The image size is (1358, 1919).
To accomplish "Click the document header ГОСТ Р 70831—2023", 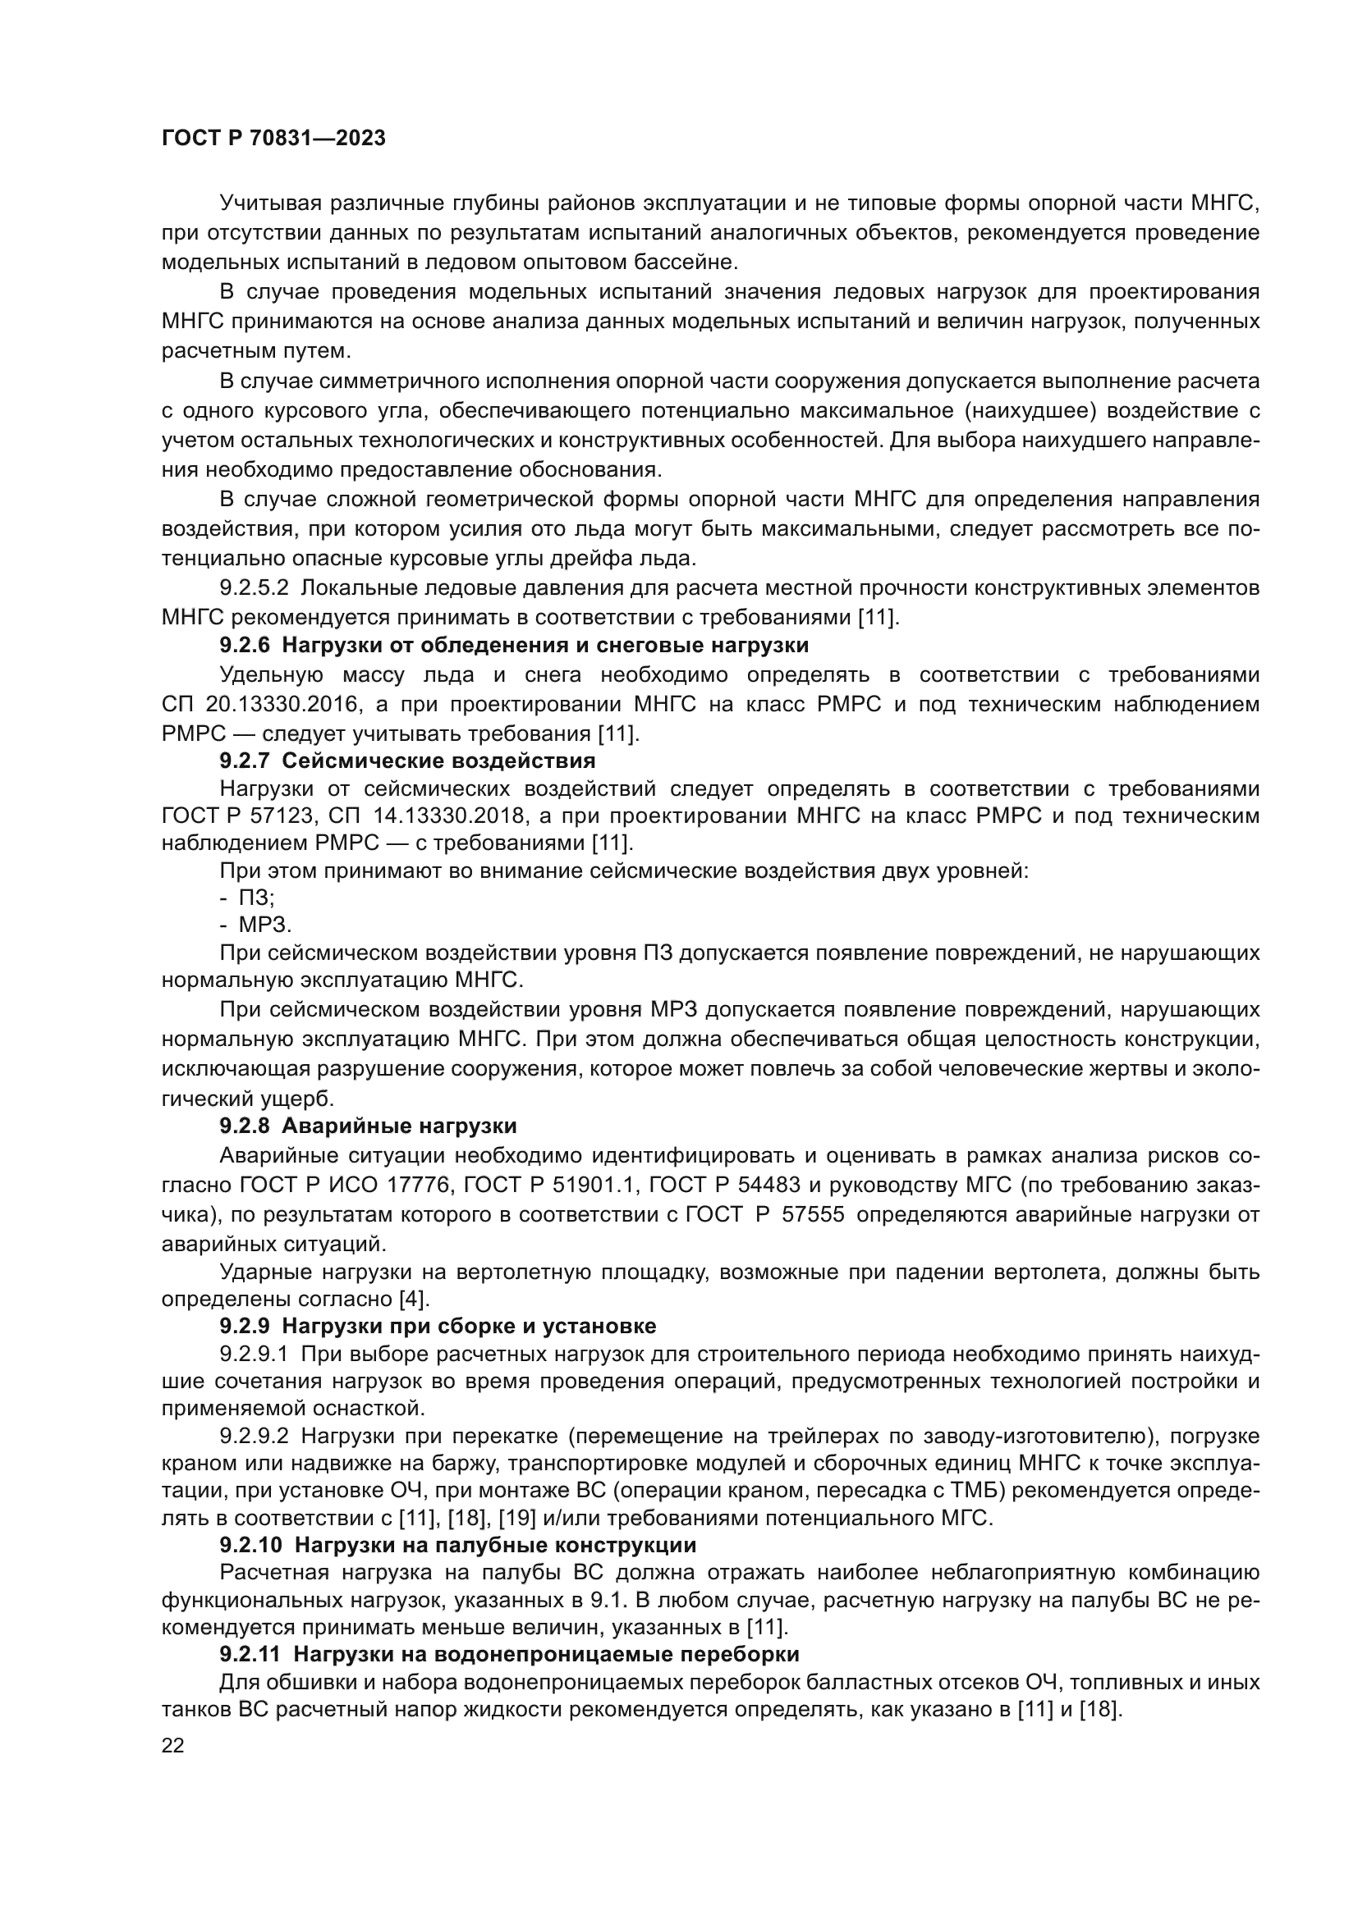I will pyautogui.click(x=273, y=138).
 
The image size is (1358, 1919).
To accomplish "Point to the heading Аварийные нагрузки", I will pyautogui.click(x=399, y=1126).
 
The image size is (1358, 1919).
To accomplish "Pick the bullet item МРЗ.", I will pyautogui.click(x=264, y=925).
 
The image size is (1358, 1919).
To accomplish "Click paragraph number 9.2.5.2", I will pyautogui.click(x=255, y=587).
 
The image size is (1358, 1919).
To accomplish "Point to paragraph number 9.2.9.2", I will pyautogui.click(x=255, y=1436).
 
